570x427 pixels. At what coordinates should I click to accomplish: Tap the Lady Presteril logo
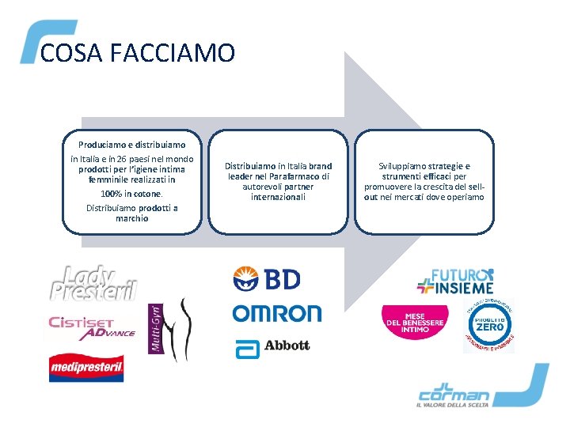(x=93, y=282)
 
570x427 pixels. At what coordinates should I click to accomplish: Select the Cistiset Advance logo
(x=93, y=327)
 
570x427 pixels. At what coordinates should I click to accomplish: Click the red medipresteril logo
(x=86, y=366)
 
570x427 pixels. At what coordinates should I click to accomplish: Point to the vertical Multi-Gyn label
(x=155, y=329)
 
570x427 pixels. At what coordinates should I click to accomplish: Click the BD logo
(x=267, y=278)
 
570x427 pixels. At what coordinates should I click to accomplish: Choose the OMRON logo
(x=277, y=313)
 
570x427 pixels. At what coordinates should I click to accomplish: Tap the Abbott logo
(x=272, y=346)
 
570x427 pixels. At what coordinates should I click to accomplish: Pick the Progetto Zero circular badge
(x=488, y=326)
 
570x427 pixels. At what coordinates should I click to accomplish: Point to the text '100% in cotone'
(x=132, y=194)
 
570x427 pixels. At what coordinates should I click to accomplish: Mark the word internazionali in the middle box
(x=278, y=197)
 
